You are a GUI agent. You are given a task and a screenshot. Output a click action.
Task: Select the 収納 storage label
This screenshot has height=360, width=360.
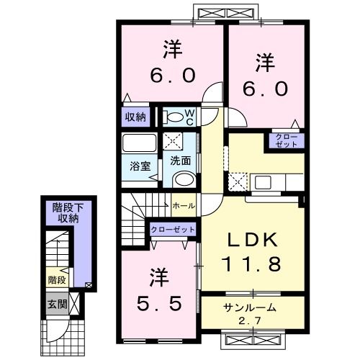135,115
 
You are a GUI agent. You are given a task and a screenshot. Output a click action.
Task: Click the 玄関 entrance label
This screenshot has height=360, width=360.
58,305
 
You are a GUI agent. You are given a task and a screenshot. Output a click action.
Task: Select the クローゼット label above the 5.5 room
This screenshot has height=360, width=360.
173,229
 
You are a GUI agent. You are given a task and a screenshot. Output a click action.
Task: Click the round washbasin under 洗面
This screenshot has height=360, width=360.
184,180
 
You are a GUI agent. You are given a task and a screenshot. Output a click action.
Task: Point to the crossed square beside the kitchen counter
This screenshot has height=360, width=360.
238,181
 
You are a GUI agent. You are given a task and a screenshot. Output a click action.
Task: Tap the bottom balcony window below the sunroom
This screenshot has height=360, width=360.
247,340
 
